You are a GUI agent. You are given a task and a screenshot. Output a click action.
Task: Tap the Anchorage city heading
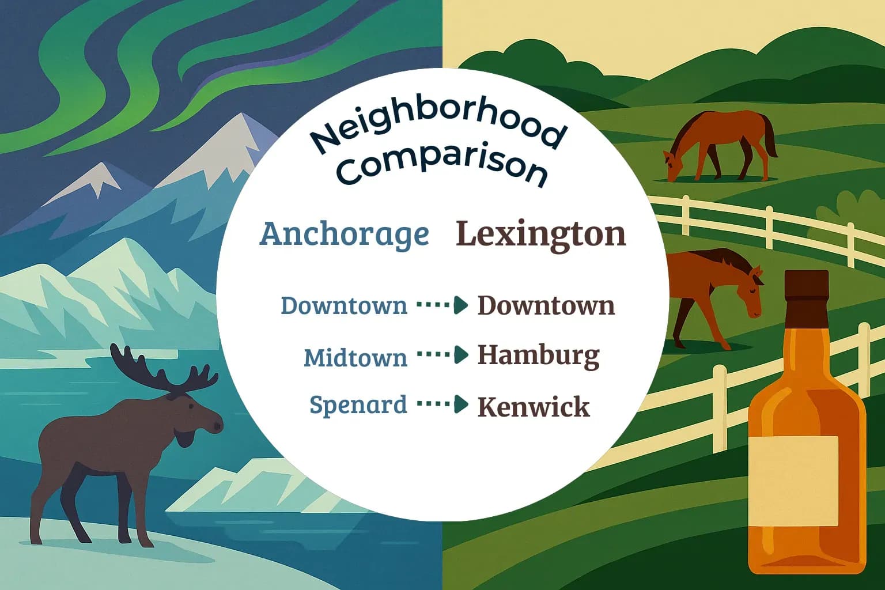[345, 234]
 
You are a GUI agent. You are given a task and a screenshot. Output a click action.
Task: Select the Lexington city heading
[540, 234]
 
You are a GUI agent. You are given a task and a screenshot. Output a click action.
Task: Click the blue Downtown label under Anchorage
[343, 305]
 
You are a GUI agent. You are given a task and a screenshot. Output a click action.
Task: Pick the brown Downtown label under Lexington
[546, 305]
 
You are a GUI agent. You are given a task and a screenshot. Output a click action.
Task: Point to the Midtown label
[355, 358]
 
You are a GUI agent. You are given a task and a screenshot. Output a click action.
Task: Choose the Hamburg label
[538, 355]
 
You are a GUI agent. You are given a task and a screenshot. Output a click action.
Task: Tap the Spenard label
[358, 404]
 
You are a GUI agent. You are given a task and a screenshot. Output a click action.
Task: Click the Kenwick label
[534, 407]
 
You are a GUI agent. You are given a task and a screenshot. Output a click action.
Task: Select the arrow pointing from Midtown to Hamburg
[442, 355]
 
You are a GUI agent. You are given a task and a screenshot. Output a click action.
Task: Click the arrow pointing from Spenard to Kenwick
[442, 404]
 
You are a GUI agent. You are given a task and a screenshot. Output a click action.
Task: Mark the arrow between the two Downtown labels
[442, 305]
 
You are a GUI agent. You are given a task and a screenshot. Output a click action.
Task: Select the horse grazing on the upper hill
[720, 144]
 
